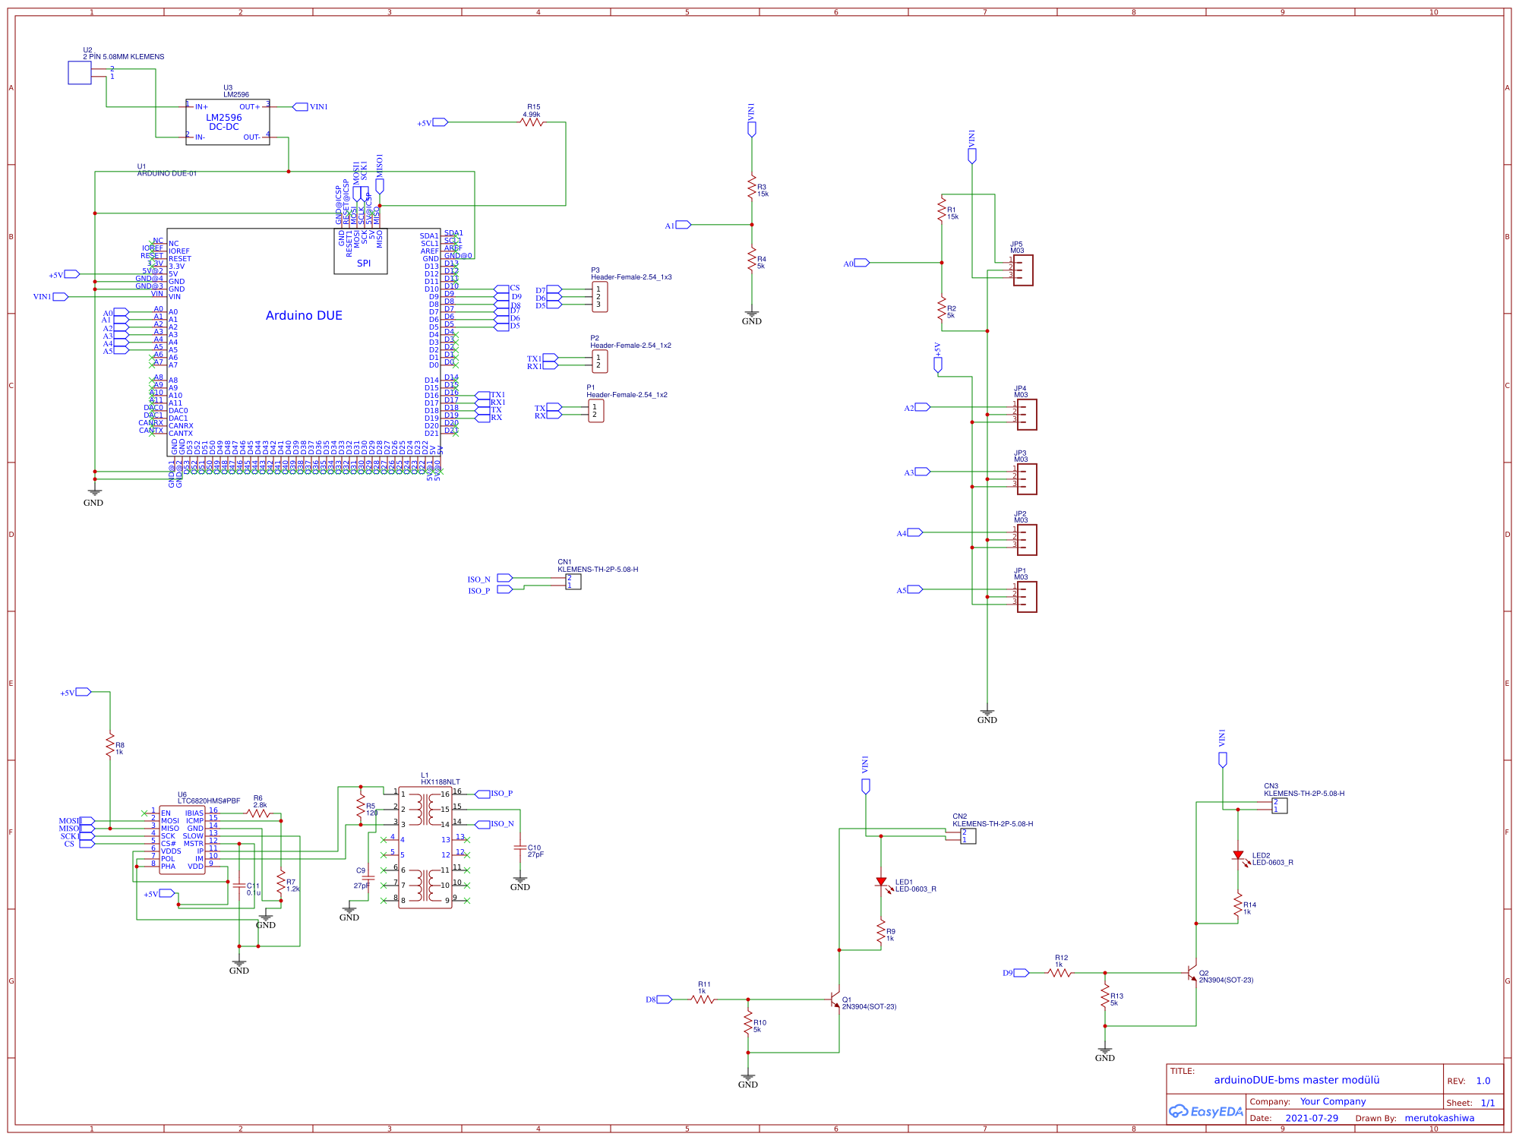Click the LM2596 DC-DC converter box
tap(227, 122)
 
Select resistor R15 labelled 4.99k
tap(532, 122)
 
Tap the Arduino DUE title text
tap(304, 315)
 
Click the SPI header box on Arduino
tap(361, 251)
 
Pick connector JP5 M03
tap(1023, 270)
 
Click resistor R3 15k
tap(752, 187)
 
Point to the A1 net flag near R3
tap(682, 225)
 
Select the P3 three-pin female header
tap(599, 297)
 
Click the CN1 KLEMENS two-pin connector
tap(573, 582)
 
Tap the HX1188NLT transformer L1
tap(425, 847)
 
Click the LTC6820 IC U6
tap(182, 839)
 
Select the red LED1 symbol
tap(881, 883)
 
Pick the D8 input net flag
tap(663, 999)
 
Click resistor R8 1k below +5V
tap(110, 744)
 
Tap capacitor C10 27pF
tap(520, 848)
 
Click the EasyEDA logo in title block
tap(1206, 1111)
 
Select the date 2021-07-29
tap(1312, 1118)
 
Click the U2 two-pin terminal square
tap(80, 73)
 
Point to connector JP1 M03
tap(1026, 597)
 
